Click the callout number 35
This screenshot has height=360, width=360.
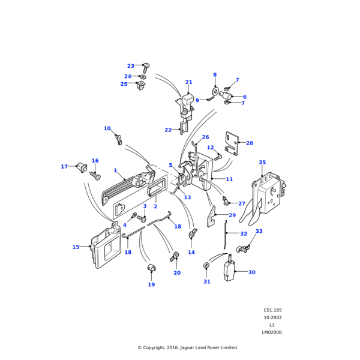click(262, 163)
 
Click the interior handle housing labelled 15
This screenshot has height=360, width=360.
click(103, 248)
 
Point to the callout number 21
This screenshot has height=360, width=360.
click(188, 82)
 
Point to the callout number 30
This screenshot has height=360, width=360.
click(251, 272)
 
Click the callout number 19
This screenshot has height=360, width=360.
click(151, 284)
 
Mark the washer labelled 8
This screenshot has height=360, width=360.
click(214, 91)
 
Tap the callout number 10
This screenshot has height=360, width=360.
click(107, 128)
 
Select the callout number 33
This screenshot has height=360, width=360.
click(259, 231)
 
